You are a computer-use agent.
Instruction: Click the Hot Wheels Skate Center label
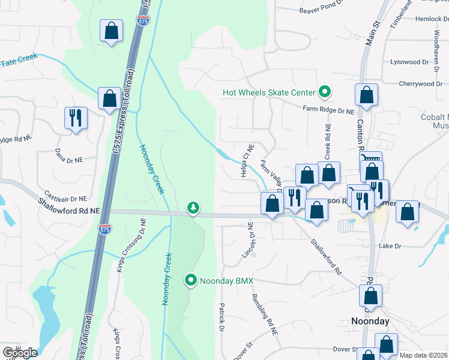[x=268, y=92]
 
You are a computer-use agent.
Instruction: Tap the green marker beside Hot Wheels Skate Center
[x=325, y=92]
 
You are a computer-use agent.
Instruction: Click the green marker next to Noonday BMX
[x=191, y=280]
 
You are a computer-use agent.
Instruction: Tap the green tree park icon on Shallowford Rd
[x=193, y=208]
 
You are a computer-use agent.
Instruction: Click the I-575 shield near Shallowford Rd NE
[x=103, y=229]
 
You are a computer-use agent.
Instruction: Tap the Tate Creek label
[x=19, y=60]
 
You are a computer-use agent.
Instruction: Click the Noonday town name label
[x=370, y=322]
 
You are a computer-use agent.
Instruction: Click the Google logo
[x=20, y=353]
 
